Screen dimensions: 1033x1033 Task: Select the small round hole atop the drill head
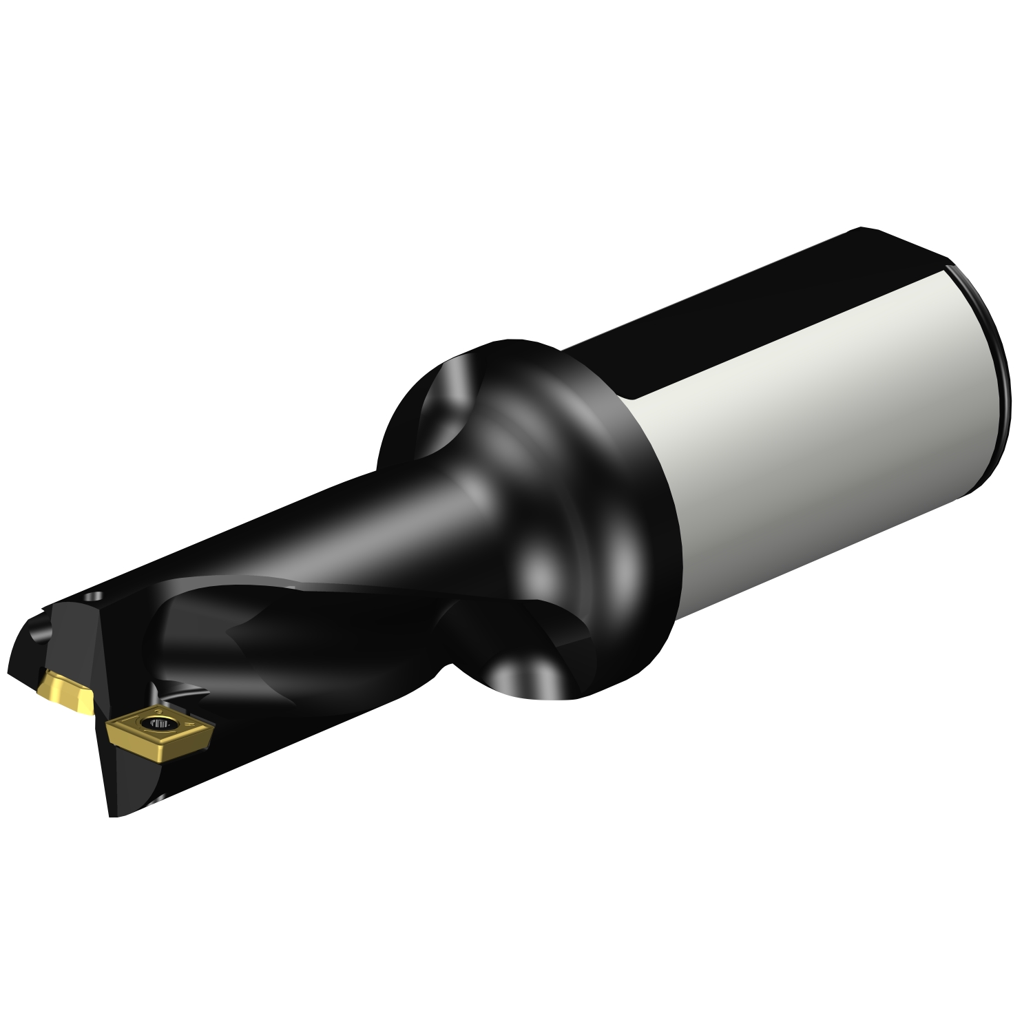click(97, 594)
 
